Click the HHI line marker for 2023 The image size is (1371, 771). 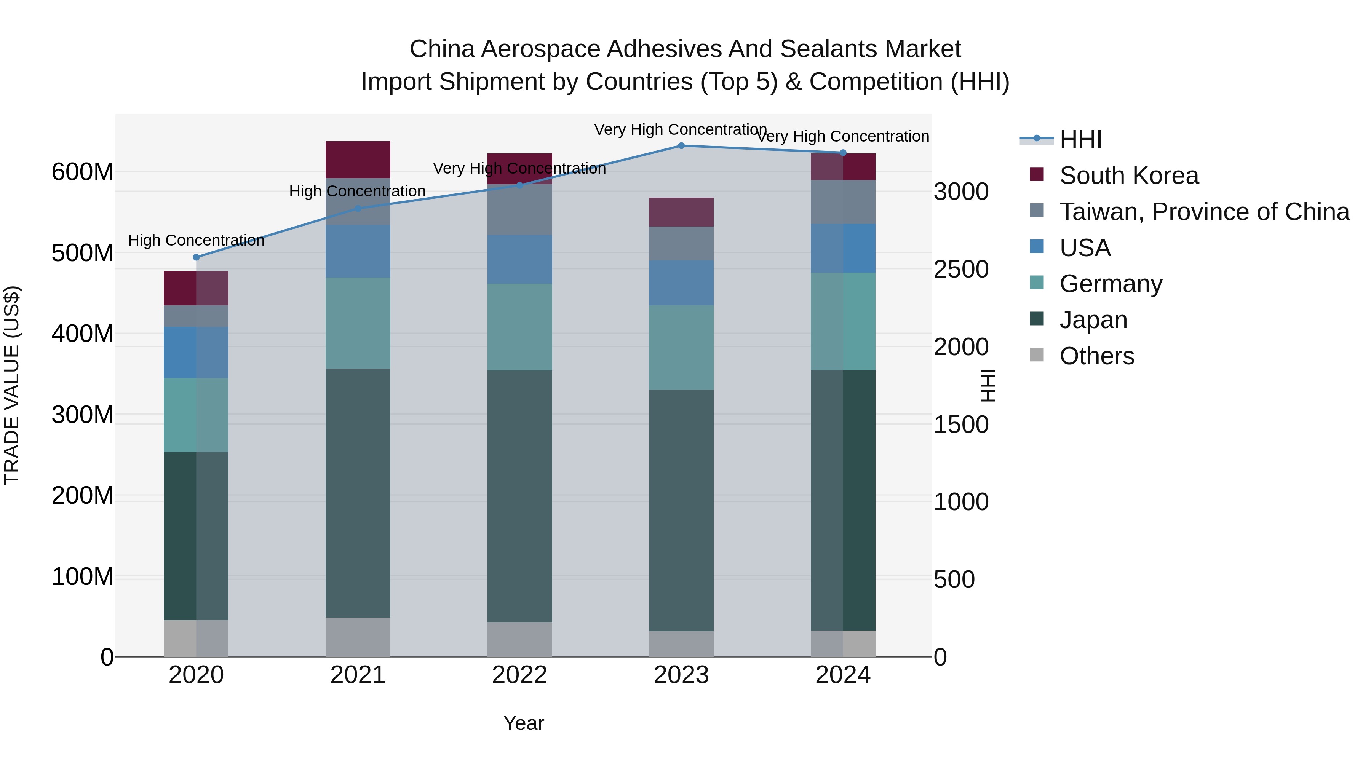pyautogui.click(x=681, y=146)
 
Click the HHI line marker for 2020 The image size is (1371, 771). pyautogui.click(x=197, y=257)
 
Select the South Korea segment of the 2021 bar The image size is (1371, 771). pyautogui.click(x=358, y=160)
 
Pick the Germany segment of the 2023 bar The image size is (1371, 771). pyautogui.click(x=681, y=348)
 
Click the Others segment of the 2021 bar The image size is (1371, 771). pyautogui.click(x=358, y=637)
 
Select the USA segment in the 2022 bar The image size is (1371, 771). pyautogui.click(x=519, y=259)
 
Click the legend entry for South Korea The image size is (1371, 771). pyautogui.click(x=1128, y=176)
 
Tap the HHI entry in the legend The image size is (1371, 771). pyautogui.click(x=1080, y=139)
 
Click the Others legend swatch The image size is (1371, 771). pyautogui.click(x=1037, y=355)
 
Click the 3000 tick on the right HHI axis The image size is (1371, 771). pyautogui.click(x=961, y=192)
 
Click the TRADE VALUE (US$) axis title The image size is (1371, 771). pyautogui.click(x=12, y=385)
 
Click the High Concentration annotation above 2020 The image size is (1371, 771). pyautogui.click(x=197, y=241)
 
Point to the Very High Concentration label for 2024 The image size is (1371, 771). pyautogui.click(x=843, y=137)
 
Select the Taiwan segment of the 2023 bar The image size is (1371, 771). pyautogui.click(x=681, y=244)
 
